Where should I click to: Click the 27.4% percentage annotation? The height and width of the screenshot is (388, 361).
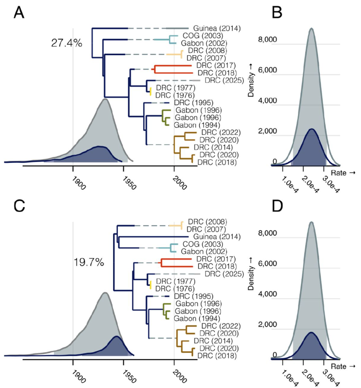pos(65,43)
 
